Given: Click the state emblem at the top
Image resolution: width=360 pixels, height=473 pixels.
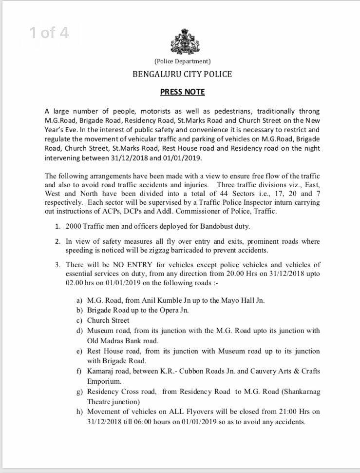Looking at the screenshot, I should [x=183, y=39].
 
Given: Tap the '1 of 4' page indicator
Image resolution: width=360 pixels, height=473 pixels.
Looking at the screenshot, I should [x=50, y=33].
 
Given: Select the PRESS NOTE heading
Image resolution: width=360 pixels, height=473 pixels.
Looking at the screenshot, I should [x=183, y=92].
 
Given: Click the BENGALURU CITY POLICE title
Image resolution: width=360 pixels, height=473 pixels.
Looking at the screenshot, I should [x=183, y=75].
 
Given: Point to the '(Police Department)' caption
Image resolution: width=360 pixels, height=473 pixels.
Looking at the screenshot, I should [x=183, y=61].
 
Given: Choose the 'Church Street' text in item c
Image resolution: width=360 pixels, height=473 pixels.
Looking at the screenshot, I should [x=108, y=320].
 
